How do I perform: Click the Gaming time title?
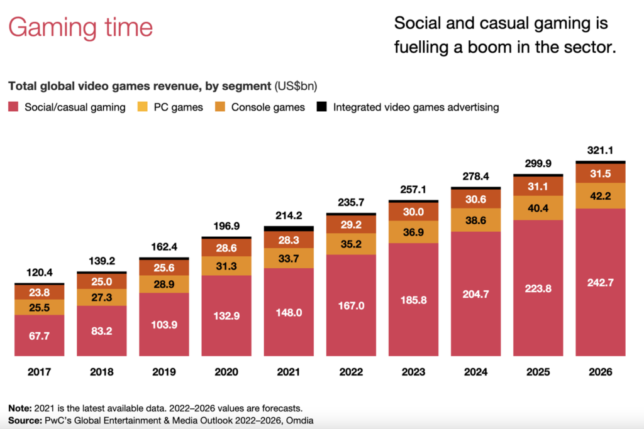80,27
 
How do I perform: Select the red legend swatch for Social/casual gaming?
13,107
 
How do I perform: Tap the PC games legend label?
179,107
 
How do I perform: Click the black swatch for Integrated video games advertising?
321,107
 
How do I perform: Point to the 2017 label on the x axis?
39,372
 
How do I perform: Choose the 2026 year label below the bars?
600,372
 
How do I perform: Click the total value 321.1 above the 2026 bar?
600,151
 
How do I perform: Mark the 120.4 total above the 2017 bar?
39,273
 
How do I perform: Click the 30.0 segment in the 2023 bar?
413,212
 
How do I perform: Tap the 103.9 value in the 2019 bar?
164,325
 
